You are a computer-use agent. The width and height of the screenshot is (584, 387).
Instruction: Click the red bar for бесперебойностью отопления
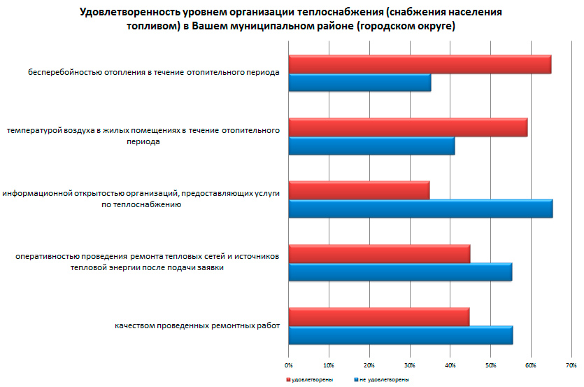[420, 64]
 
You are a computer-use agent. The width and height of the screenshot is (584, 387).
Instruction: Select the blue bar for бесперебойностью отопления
[359, 83]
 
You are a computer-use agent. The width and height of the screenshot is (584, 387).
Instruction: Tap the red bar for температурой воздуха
[408, 127]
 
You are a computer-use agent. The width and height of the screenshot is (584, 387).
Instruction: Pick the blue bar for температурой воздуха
[371, 146]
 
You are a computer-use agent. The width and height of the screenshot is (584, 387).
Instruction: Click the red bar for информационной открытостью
[359, 190]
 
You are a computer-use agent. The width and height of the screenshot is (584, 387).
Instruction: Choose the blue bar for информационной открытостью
[420, 209]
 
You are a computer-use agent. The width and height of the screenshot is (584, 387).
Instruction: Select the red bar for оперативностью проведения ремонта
[379, 253]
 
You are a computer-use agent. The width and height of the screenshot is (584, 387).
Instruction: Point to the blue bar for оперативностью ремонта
[400, 272]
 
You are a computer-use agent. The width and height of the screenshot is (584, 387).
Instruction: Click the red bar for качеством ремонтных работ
[378, 317]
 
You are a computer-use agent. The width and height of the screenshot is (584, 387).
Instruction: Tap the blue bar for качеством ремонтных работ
[400, 335]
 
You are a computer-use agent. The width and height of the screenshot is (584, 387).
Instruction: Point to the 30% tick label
[409, 365]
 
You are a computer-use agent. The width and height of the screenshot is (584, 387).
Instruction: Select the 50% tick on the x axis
[490, 365]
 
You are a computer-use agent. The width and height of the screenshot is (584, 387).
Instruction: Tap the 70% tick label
[571, 365]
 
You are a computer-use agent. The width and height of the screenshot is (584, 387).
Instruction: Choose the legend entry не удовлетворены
[384, 379]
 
